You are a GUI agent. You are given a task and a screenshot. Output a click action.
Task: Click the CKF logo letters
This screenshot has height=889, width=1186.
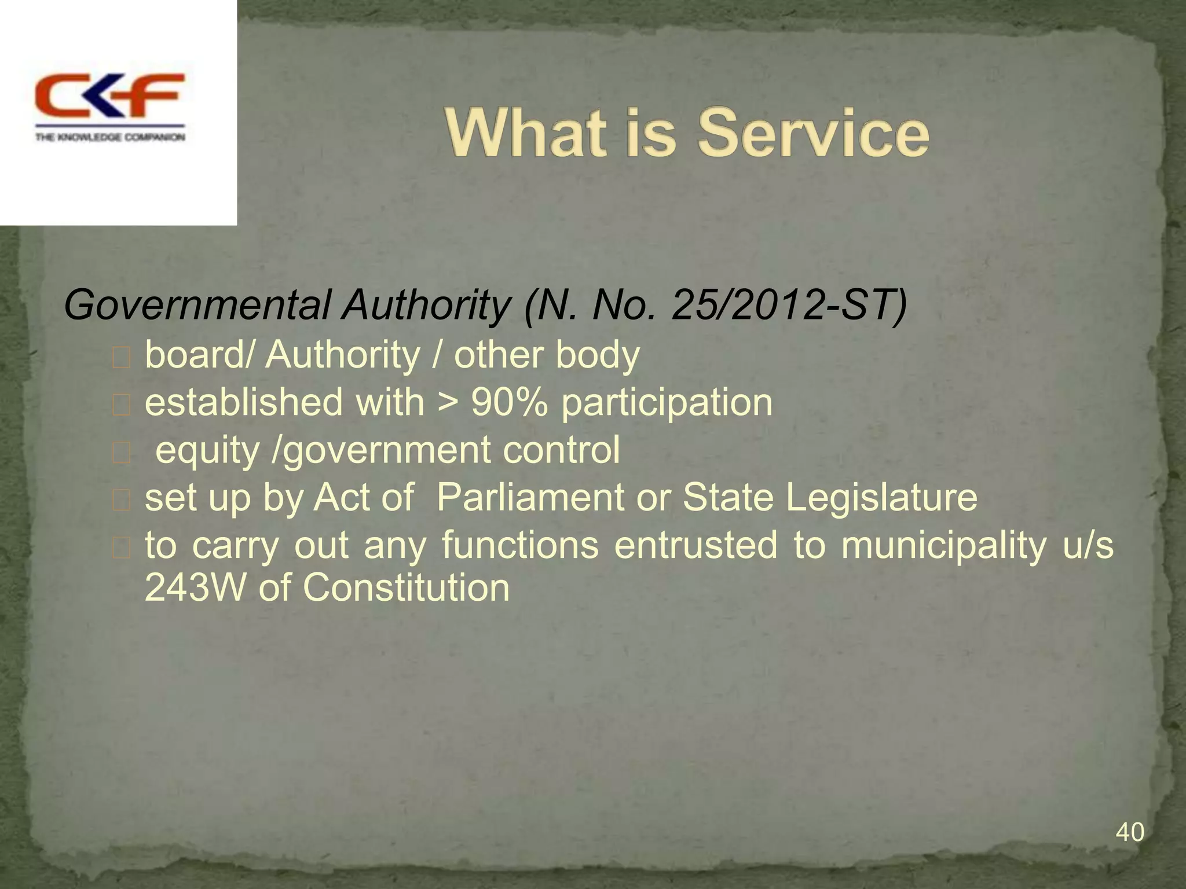point(109,96)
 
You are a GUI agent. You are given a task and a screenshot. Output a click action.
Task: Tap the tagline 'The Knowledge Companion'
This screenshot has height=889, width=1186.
point(110,137)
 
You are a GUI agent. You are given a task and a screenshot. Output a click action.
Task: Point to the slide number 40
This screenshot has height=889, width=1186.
point(1129,832)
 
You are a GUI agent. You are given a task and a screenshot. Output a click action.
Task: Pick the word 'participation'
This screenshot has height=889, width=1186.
point(667,403)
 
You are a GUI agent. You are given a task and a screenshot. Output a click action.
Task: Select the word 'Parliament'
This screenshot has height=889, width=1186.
point(530,497)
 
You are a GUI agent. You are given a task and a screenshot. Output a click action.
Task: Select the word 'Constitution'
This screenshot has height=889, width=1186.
point(406,587)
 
